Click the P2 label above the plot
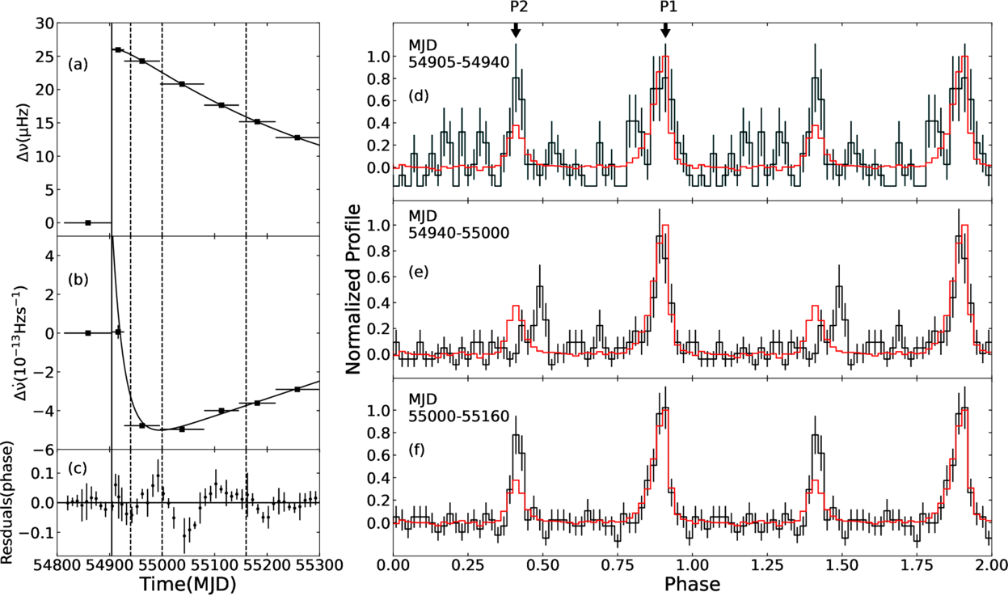(516, 6)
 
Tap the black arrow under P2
(516, 30)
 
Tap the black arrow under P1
(665, 30)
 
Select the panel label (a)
(78, 65)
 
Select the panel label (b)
(78, 280)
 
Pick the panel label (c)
(77, 468)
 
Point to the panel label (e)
(419, 272)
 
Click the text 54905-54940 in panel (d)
(458, 61)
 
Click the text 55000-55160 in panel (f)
(458, 416)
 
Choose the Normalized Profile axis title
(354, 289)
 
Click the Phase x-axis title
(692, 584)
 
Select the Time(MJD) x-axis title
(188, 584)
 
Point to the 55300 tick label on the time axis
(319, 565)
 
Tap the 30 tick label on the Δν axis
(44, 24)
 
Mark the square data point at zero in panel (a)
(88, 222)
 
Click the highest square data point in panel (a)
(118, 50)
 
